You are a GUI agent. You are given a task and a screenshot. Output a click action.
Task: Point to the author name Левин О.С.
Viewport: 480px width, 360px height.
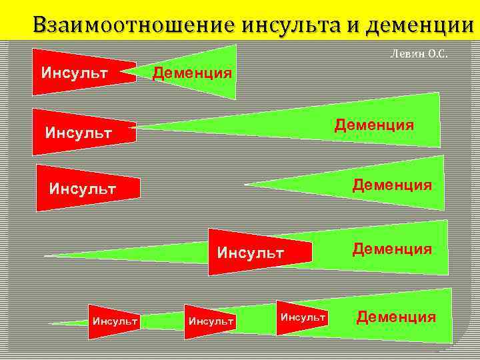[x=418, y=55]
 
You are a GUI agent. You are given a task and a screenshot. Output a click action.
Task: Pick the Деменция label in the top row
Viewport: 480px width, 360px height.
[x=193, y=71]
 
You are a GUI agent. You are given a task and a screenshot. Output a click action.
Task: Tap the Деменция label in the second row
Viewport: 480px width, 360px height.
[x=374, y=125]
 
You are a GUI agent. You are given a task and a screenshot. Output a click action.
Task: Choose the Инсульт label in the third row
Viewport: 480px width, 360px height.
[x=82, y=189]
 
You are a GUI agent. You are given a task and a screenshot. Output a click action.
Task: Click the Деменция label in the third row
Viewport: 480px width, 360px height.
[x=392, y=183]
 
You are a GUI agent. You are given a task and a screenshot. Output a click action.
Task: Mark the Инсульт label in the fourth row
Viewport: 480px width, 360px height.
[x=251, y=253]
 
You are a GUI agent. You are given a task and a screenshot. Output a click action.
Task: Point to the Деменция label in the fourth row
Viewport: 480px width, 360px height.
[x=392, y=249]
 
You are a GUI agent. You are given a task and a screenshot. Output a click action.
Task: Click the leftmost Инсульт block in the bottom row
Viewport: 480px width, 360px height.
[x=115, y=321]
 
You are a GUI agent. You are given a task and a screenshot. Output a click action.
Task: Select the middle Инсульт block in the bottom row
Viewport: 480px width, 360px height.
[x=211, y=321]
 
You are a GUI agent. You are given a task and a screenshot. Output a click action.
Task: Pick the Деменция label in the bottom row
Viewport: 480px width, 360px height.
[x=396, y=317]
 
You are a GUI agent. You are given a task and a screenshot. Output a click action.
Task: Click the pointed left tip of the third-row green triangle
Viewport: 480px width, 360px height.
[x=247, y=184]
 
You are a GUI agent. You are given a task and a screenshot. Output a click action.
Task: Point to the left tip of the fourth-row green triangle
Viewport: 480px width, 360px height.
[x=45, y=255]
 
